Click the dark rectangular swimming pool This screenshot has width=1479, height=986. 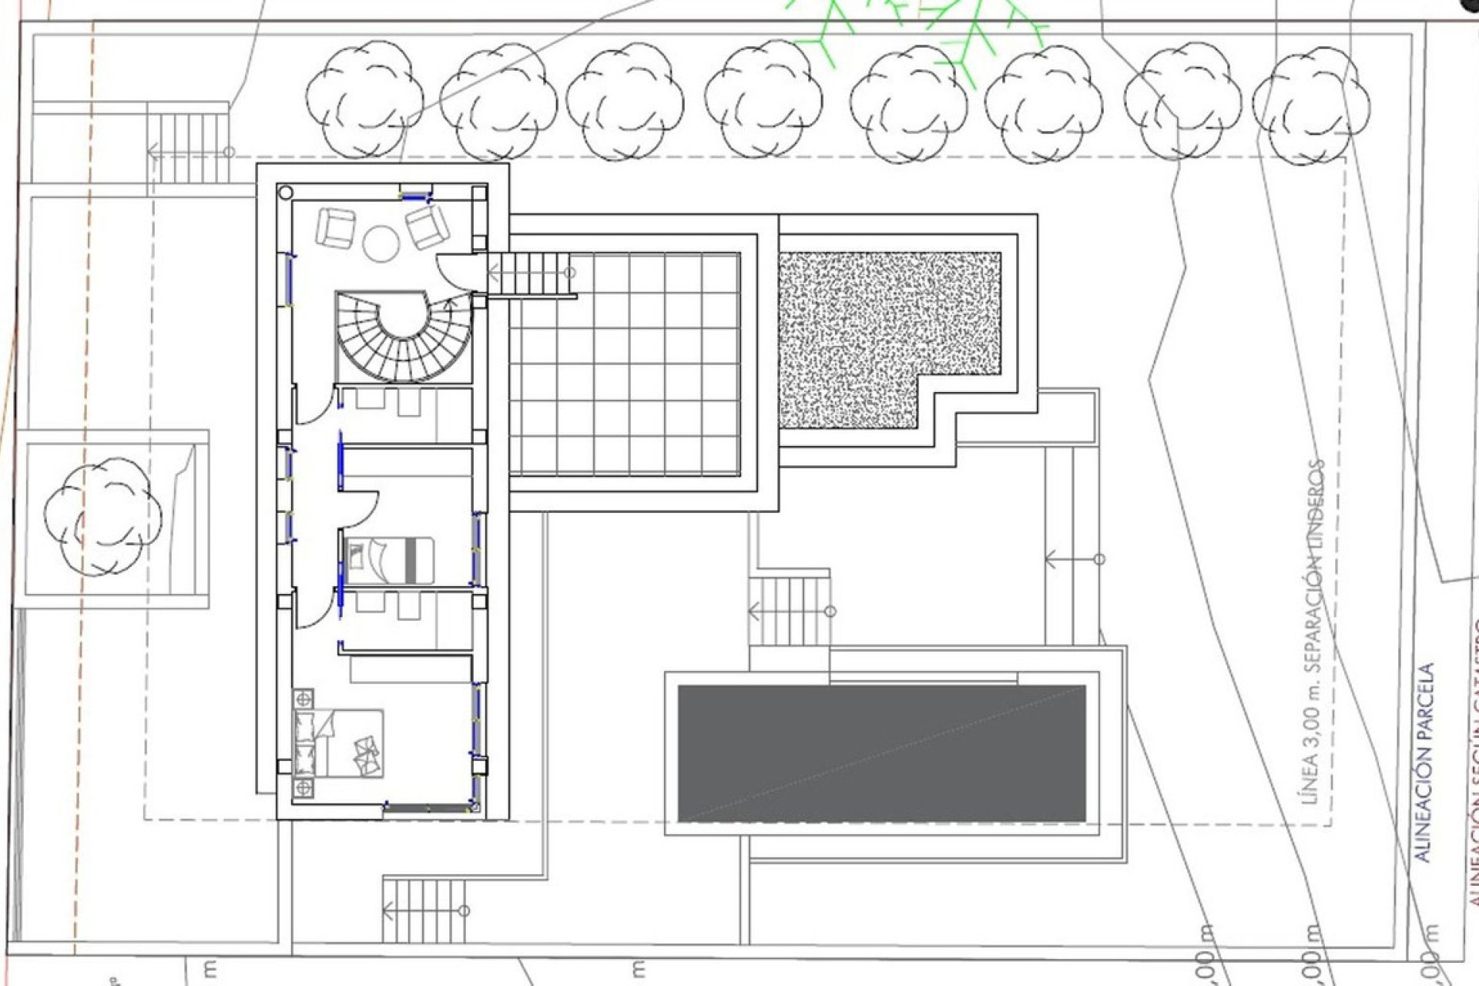point(881,753)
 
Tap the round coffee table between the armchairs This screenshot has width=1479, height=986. point(381,243)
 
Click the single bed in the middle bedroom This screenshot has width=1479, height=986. point(391,560)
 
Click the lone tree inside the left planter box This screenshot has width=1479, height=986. point(102,516)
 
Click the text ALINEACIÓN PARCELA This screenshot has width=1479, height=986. point(1425,763)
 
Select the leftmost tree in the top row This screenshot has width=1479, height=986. point(364,99)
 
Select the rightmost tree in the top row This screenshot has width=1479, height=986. point(1310,106)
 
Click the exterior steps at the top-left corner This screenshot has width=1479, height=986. point(188,146)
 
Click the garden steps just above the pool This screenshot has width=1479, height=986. point(790,611)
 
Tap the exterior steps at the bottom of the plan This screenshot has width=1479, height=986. point(424,909)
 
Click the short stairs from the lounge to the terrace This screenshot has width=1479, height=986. point(532,273)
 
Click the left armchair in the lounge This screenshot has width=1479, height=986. point(335,228)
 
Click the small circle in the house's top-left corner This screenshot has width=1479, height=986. point(286,192)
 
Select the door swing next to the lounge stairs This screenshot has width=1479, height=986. point(454,271)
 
